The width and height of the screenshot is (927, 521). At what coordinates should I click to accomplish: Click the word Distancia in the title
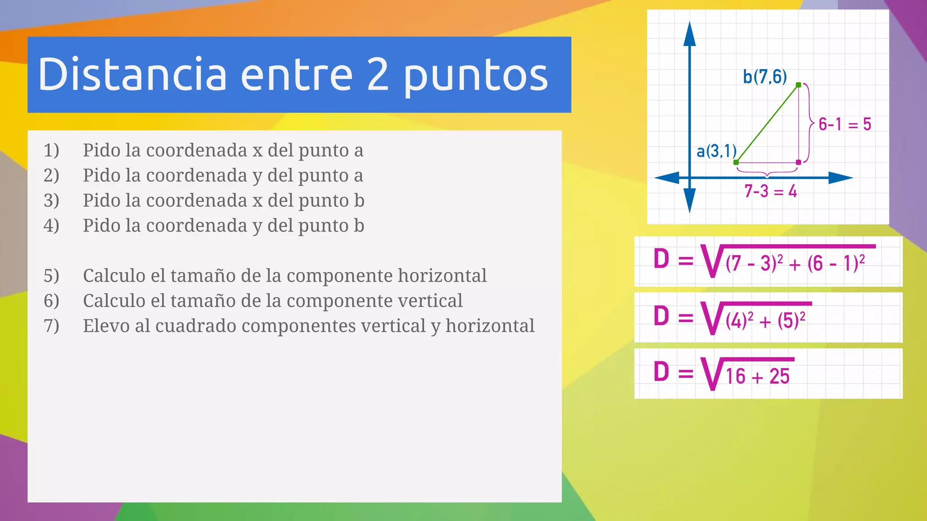tap(132, 75)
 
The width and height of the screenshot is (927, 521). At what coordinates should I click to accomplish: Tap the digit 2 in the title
tap(378, 75)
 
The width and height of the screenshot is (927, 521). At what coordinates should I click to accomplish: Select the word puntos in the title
tap(476, 77)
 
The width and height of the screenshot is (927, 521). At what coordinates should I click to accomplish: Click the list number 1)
tap(51, 150)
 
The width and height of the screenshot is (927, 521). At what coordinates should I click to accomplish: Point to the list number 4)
tap(51, 226)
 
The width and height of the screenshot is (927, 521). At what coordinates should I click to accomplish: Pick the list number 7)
tap(51, 326)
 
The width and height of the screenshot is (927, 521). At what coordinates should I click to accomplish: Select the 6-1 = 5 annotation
tap(845, 124)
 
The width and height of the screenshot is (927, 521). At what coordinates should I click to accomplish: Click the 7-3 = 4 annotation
tap(770, 191)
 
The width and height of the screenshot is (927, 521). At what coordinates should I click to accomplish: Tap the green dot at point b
tap(798, 85)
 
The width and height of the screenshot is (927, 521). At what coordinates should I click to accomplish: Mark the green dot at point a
tap(736, 162)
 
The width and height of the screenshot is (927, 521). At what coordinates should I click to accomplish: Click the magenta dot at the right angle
tap(798, 162)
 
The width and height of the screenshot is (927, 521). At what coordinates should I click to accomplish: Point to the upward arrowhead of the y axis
tap(689, 33)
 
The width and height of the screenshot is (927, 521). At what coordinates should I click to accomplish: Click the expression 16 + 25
tap(758, 376)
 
